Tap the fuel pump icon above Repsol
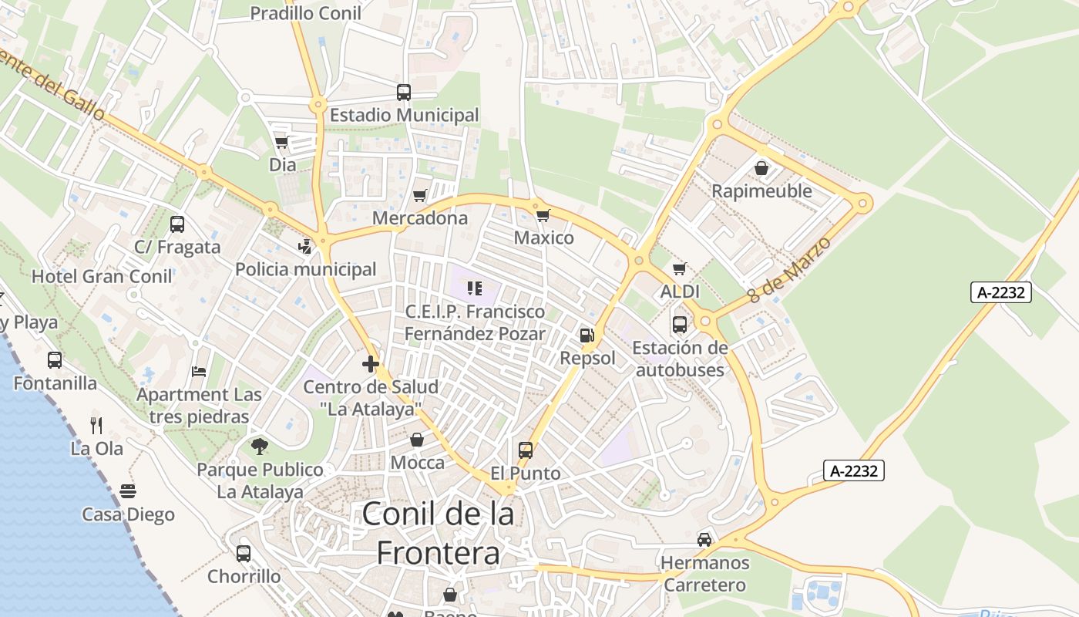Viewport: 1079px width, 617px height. pos(587,335)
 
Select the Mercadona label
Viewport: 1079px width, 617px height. pos(420,218)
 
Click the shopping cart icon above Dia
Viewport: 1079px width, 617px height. pos(281,143)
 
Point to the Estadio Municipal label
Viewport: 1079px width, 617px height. pos(405,116)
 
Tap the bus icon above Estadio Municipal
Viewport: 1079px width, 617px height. pos(404,93)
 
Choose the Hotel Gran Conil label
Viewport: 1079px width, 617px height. pos(103,276)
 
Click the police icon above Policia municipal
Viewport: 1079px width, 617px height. pos(306,247)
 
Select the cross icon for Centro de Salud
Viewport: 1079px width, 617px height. pos(371,364)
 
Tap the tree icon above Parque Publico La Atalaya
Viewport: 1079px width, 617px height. pos(260,446)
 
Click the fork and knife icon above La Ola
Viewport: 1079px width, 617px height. pos(96,425)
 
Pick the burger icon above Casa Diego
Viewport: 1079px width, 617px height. pos(128,491)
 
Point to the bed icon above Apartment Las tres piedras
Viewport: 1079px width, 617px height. pos(199,372)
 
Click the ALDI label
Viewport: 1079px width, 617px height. pos(680,292)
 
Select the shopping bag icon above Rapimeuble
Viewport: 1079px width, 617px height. pos(761,168)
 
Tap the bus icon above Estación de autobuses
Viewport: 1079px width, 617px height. pos(680,325)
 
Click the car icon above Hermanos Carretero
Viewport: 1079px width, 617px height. pos(704,540)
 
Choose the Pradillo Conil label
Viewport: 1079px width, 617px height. pos(306,13)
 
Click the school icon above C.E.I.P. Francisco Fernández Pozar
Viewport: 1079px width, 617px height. pos(475,289)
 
